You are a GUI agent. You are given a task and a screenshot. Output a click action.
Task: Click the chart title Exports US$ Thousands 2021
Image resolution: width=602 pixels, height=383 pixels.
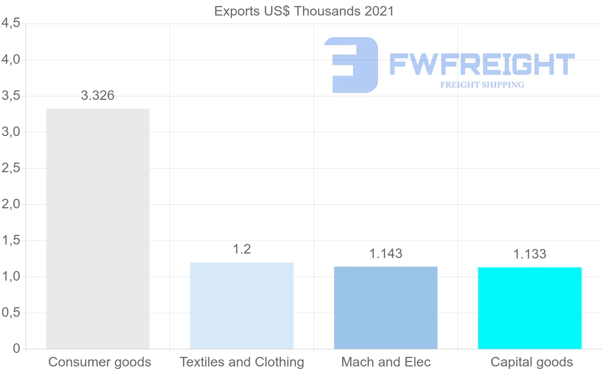pyautogui.click(x=304, y=11)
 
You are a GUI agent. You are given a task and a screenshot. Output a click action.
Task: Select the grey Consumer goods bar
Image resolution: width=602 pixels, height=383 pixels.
pyautogui.click(x=98, y=228)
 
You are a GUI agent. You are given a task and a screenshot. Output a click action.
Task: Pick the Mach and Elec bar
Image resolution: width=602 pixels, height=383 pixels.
pyautogui.click(x=386, y=307)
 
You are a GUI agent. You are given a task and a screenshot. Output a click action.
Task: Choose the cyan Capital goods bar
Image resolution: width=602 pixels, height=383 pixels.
pyautogui.click(x=530, y=308)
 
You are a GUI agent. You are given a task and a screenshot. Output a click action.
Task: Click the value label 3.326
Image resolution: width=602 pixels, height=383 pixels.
pyautogui.click(x=98, y=95)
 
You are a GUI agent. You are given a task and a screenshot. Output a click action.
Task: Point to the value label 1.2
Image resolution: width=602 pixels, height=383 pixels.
pyautogui.click(x=242, y=249)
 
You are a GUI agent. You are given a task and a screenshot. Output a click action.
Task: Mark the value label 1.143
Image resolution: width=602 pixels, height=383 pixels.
pyautogui.click(x=386, y=253)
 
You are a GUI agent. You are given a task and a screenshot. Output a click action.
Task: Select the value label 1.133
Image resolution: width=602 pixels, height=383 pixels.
pyautogui.click(x=530, y=254)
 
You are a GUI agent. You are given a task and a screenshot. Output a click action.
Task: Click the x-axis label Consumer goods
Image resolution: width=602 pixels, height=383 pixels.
pyautogui.click(x=99, y=362)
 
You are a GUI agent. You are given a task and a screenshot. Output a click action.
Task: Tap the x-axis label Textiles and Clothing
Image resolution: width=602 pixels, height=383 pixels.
pyautogui.click(x=242, y=362)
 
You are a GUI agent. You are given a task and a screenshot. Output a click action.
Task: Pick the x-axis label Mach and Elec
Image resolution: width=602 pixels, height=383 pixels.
pyautogui.click(x=386, y=362)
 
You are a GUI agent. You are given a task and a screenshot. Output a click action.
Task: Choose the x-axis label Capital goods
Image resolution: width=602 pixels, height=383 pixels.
pyautogui.click(x=531, y=362)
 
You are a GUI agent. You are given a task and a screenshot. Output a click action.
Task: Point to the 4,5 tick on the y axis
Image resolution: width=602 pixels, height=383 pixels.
pyautogui.click(x=11, y=24)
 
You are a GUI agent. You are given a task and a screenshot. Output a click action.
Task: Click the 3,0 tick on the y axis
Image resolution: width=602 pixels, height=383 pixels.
pyautogui.click(x=11, y=132)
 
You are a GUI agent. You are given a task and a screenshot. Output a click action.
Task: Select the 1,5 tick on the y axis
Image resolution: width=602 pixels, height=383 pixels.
pyautogui.click(x=11, y=240)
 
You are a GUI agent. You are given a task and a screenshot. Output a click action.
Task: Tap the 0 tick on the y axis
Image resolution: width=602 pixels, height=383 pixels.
pyautogui.click(x=16, y=349)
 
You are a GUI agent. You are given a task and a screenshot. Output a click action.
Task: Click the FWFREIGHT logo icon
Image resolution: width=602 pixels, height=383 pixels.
pyautogui.click(x=351, y=65)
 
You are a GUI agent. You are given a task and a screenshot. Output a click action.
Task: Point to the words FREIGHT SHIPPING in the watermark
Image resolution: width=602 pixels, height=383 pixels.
pyautogui.click(x=482, y=85)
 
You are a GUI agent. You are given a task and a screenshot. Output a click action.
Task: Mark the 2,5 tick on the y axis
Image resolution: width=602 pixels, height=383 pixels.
pyautogui.click(x=11, y=168)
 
